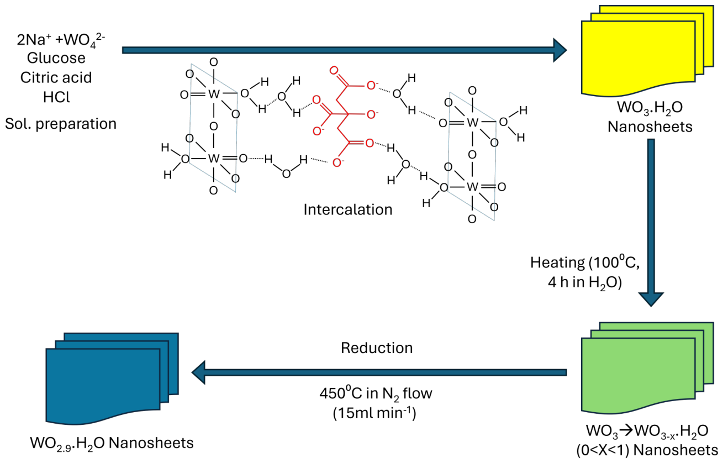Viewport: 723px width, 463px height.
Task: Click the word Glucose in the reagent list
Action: pos(56,58)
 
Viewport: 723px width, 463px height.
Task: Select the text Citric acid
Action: pos(56,77)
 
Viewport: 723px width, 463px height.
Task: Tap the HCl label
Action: pos(56,97)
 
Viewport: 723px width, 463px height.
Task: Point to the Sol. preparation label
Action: pos(61,124)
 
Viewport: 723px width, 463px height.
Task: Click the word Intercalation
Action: pos(348,209)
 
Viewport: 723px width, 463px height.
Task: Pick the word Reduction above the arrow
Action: pos(377,348)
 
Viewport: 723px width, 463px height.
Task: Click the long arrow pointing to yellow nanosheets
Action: pos(345,50)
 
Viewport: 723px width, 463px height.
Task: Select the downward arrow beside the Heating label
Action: pos(651,223)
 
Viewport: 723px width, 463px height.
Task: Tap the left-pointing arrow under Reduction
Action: pos(379,372)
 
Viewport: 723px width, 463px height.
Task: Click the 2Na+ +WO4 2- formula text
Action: pos(61,40)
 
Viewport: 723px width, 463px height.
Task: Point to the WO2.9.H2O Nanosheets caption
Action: pos(112,443)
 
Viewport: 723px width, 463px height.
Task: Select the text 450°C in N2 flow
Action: pos(376,394)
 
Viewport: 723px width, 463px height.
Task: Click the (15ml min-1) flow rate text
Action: pos(374,413)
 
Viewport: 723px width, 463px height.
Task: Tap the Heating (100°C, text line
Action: pos(585,262)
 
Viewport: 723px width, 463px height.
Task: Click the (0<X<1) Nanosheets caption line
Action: pos(647,450)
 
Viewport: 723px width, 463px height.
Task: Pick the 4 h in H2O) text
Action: pos(584,282)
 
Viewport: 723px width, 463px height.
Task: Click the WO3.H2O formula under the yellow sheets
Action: pos(650,108)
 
